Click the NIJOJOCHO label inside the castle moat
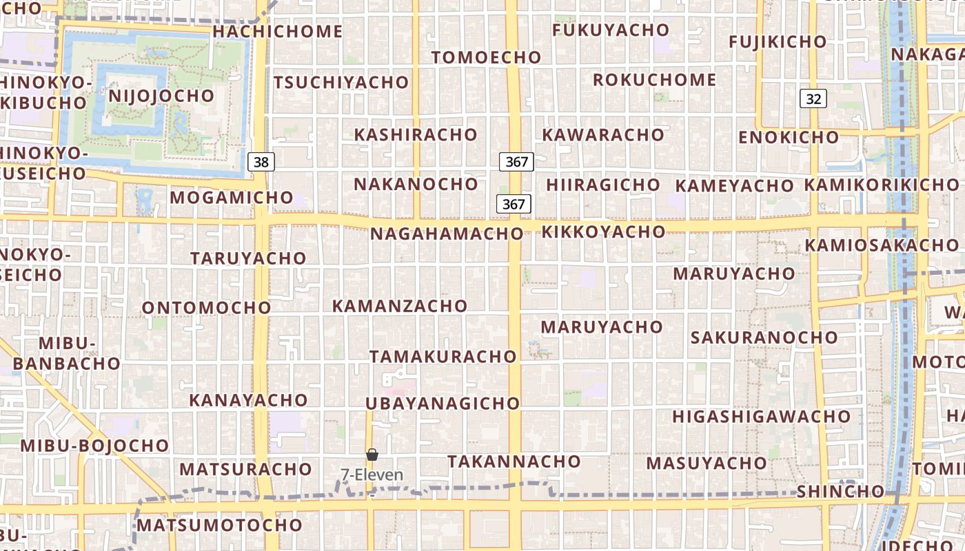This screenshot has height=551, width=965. tap(161, 95)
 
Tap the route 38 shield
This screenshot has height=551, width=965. tap(261, 163)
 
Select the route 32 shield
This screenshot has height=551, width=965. tap(813, 98)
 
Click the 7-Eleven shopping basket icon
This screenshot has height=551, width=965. tap(372, 455)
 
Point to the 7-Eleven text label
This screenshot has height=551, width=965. tap(372, 475)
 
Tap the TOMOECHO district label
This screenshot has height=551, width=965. tap(486, 57)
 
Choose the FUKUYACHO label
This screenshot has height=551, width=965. tap(611, 30)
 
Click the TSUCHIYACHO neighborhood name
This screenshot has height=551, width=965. tap(341, 83)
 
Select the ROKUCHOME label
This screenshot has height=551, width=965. tap(654, 80)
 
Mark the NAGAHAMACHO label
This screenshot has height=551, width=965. tap(447, 233)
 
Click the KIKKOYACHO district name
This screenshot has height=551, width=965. tap(603, 232)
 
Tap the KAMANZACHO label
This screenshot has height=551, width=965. tap(400, 306)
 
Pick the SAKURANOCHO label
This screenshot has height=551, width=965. tap(764, 337)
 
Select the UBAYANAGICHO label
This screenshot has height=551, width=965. tap(443, 404)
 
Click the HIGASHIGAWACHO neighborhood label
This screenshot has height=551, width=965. tap(762, 417)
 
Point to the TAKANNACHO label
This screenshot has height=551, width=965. tap(514, 461)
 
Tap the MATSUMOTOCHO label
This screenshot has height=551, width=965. tap(219, 526)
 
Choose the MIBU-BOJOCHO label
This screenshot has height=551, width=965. tap(94, 446)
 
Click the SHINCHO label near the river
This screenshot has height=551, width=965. tap(840, 492)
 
